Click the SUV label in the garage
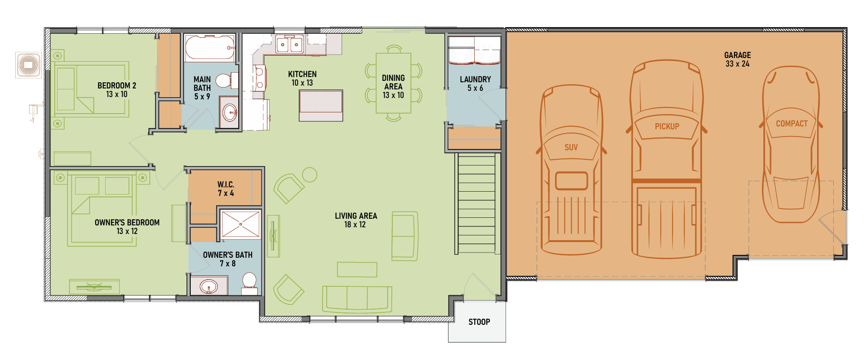[x=571, y=147]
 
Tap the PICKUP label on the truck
[x=667, y=126]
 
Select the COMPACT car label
[x=792, y=124]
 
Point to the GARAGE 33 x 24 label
[x=738, y=59]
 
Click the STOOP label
[x=479, y=322]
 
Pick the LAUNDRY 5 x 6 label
[x=475, y=84]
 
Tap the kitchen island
[x=321, y=106]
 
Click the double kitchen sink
[x=290, y=44]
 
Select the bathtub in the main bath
[x=210, y=48]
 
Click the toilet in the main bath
[x=227, y=81]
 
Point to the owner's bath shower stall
[x=241, y=224]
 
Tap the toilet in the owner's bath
[x=250, y=283]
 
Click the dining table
[x=393, y=83]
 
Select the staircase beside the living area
[x=477, y=203]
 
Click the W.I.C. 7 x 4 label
[x=226, y=189]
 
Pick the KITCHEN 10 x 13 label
[x=302, y=78]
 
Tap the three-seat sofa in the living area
[x=357, y=299]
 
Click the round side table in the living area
[x=310, y=175]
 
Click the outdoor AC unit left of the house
[x=28, y=65]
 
